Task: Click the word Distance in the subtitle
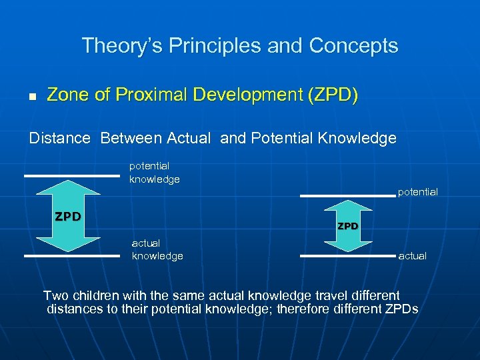[59, 138]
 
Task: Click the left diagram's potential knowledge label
[154, 172]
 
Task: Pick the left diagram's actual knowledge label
[157, 249]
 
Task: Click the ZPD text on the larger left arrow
[68, 216]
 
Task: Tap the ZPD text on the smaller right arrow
[347, 226]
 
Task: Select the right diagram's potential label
[417, 192]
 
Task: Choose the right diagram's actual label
[412, 256]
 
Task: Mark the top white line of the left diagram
[71, 175]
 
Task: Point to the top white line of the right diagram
[347, 195]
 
